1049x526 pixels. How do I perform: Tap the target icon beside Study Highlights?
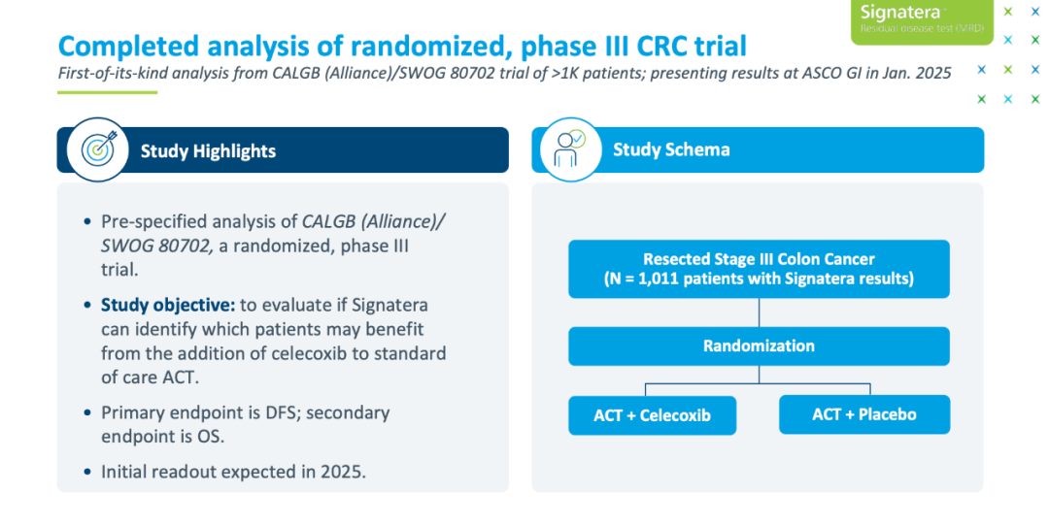[x=98, y=149]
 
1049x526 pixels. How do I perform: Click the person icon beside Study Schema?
[x=570, y=149]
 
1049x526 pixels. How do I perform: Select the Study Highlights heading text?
[x=208, y=151]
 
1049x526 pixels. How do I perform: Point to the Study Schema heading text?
[x=671, y=149]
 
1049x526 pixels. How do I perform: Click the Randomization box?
[x=759, y=346]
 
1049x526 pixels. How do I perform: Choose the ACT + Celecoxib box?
[x=653, y=415]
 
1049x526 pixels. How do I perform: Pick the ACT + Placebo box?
[x=864, y=414]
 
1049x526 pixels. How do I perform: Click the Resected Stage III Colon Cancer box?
[x=759, y=269]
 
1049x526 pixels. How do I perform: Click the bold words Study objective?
[x=168, y=306]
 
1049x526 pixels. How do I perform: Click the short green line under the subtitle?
[x=107, y=92]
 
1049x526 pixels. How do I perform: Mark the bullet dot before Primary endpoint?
[x=87, y=412]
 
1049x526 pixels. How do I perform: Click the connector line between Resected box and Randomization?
[x=759, y=312]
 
